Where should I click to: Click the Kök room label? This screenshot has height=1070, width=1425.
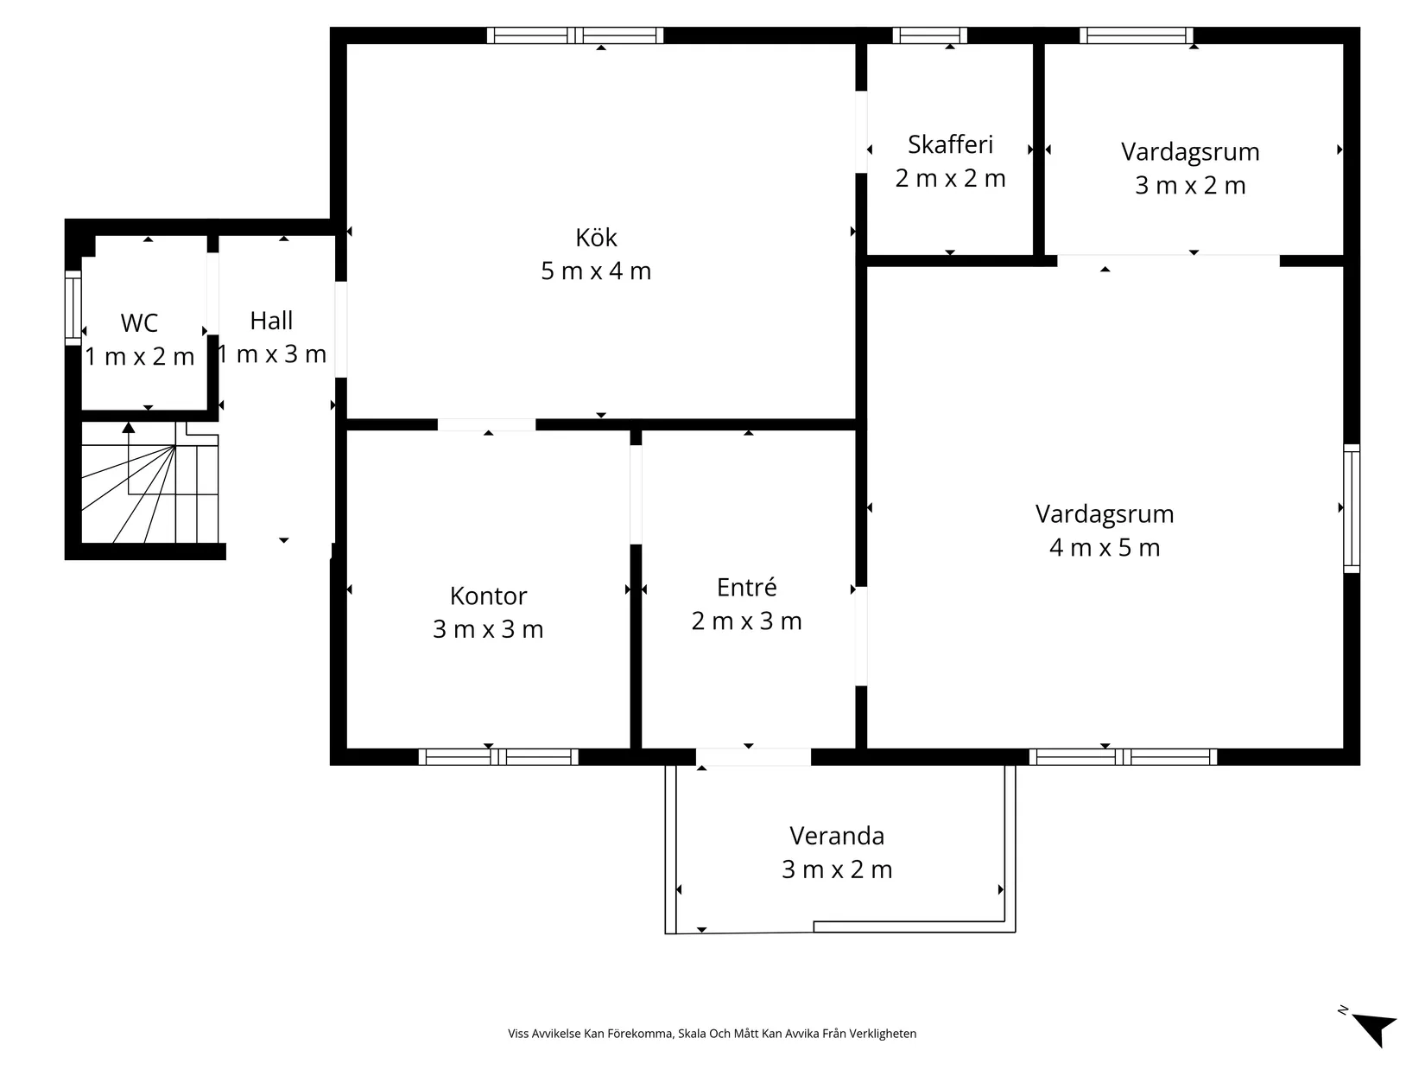click(x=595, y=238)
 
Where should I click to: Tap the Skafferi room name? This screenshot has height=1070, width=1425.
click(x=950, y=145)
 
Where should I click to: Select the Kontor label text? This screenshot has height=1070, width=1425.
click(x=488, y=596)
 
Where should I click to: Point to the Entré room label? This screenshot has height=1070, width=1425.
click(x=746, y=588)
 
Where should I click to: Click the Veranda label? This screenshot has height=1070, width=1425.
click(x=837, y=836)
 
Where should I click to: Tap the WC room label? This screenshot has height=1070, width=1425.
click(x=139, y=323)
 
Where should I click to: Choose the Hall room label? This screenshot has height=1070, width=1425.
click(x=271, y=321)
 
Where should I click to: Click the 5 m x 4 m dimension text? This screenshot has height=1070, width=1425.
click(x=595, y=271)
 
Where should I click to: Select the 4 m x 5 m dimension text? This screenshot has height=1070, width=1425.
click(x=1105, y=548)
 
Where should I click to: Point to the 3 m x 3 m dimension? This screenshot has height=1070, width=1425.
click(x=488, y=629)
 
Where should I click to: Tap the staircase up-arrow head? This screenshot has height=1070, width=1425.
click(x=129, y=427)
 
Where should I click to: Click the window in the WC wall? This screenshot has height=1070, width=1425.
click(x=73, y=308)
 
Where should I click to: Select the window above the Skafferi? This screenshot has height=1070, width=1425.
click(x=929, y=35)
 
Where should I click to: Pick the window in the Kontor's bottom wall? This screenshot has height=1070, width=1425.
click(x=498, y=757)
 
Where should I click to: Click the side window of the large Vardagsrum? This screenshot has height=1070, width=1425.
click(x=1352, y=509)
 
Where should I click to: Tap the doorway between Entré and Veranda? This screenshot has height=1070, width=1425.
click(x=753, y=757)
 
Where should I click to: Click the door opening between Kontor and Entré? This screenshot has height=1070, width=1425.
click(x=636, y=494)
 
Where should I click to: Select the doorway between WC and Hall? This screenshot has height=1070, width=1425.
click(x=213, y=293)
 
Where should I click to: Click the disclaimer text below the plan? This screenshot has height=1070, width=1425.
click(x=712, y=1034)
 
